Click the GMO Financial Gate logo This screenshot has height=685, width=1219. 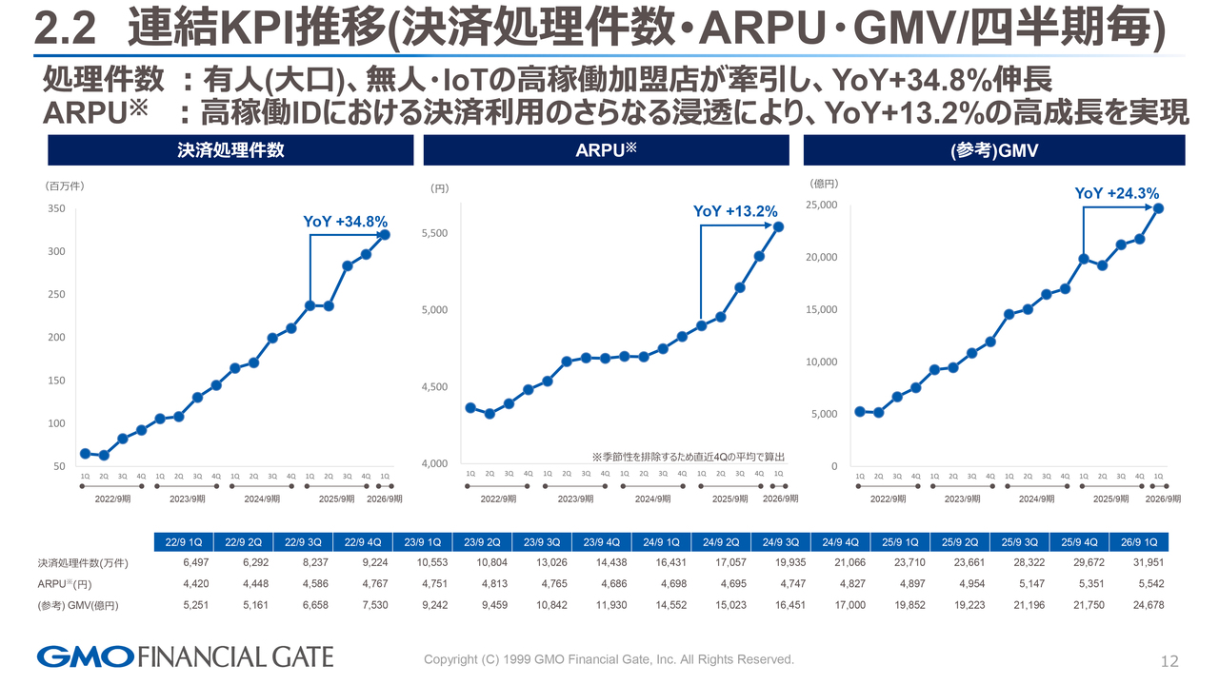[185, 656]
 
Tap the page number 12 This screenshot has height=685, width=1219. [1170, 661]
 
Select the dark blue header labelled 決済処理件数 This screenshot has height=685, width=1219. [230, 150]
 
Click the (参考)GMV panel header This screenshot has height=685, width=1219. [994, 150]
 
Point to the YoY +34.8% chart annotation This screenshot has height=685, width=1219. [345, 222]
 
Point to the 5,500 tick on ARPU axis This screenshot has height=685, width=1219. [434, 233]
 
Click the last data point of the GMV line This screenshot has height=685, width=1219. [1158, 208]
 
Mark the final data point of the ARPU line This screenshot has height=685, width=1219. [779, 226]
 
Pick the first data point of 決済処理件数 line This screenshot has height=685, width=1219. [85, 454]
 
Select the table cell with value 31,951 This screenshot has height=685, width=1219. [1147, 563]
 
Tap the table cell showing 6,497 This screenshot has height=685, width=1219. [182, 563]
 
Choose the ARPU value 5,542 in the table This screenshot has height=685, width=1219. [1147, 584]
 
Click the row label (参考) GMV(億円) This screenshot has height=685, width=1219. [77, 605]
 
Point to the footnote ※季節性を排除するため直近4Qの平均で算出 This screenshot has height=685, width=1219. [694, 456]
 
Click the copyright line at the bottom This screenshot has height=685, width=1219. [609, 659]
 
